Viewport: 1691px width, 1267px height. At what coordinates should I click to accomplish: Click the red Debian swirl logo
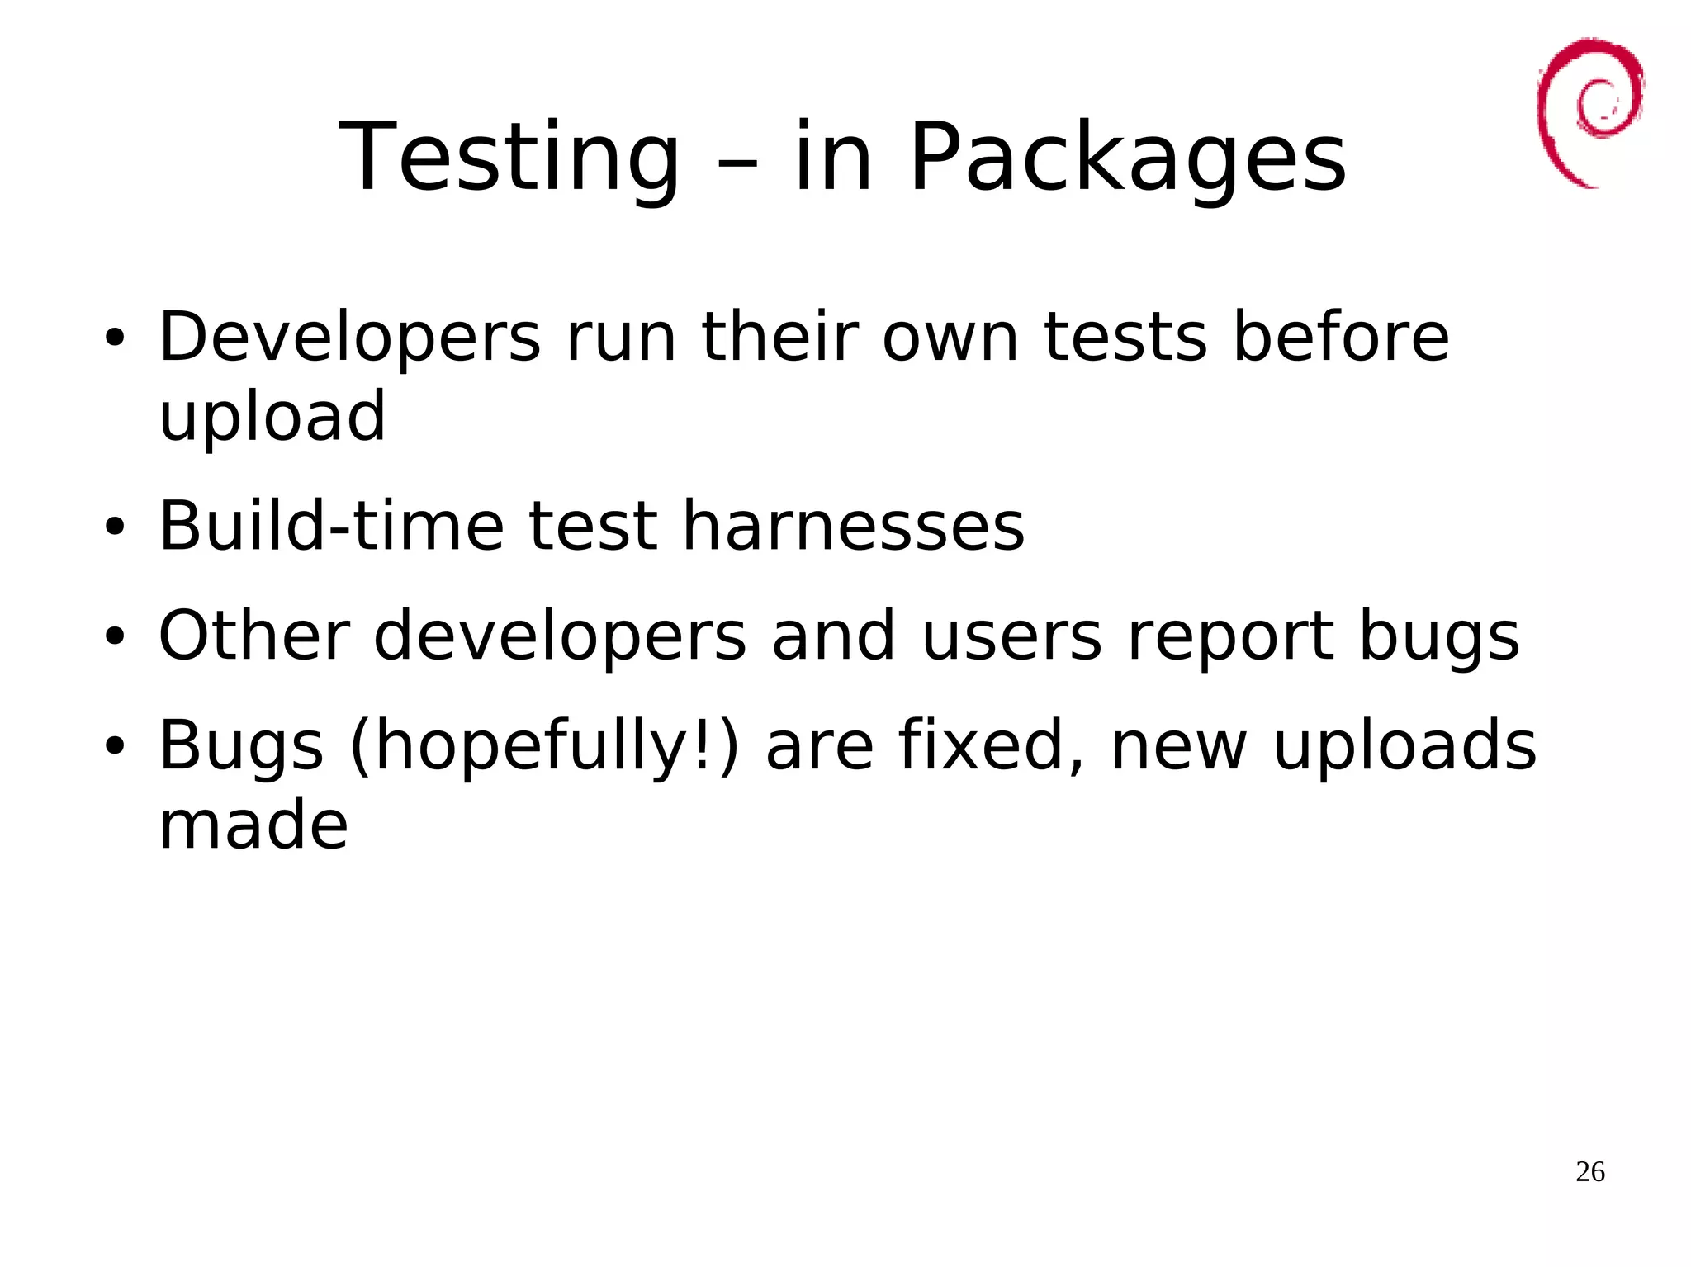click(x=1589, y=111)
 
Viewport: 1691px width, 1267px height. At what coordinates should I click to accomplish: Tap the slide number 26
click(x=1589, y=1171)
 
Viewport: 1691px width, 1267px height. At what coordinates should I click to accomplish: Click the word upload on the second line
click(x=272, y=417)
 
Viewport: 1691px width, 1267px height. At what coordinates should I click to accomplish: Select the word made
click(x=253, y=825)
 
